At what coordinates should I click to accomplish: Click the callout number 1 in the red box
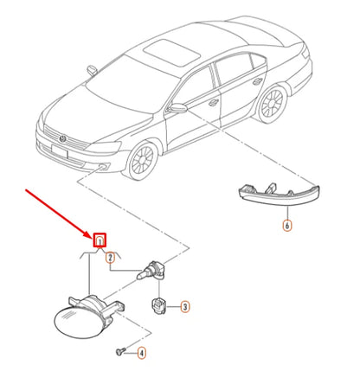coord(100,240)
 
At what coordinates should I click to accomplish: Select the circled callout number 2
coord(110,258)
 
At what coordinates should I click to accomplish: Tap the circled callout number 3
coord(185,306)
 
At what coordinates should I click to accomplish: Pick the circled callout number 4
coord(141,353)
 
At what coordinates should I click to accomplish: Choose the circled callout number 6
coord(287,225)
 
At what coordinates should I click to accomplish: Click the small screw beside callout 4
coord(120,351)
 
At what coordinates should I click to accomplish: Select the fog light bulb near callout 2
coord(151,271)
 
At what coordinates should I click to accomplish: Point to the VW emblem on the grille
coord(62,139)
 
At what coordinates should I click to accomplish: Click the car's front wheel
coord(141,159)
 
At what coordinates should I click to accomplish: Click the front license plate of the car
coord(60,151)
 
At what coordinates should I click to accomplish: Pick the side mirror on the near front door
coord(177,108)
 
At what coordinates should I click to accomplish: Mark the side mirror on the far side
coord(92,71)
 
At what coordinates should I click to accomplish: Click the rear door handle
coord(257,81)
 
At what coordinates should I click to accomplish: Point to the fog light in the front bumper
coord(104,166)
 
